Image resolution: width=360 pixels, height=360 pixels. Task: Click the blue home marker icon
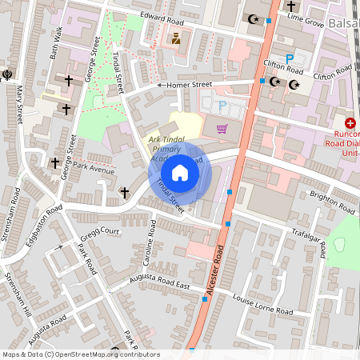coord(180,171)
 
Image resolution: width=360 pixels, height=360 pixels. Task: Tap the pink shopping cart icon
coord(222,128)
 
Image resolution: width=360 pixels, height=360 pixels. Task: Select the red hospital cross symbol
coord(350,122)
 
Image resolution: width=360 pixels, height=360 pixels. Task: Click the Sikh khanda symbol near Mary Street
coord(7,73)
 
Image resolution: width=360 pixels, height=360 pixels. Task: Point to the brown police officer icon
coord(176,38)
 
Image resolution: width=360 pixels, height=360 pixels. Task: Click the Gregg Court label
coord(99,231)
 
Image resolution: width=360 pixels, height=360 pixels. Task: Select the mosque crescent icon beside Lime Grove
coord(255,18)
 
